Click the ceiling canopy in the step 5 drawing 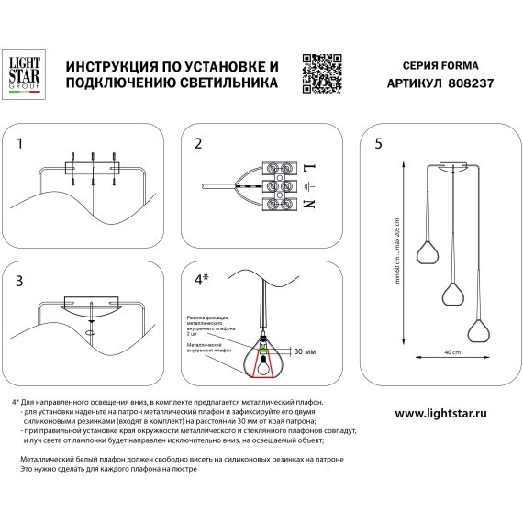[x=452, y=168]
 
